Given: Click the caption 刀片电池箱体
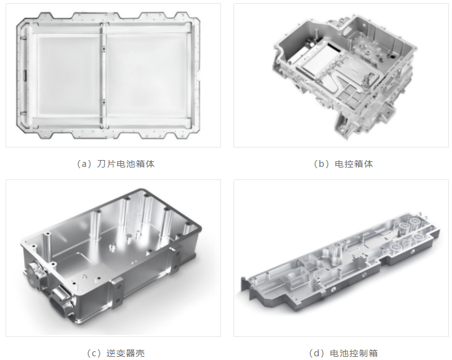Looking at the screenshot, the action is pyautogui.click(x=126, y=164).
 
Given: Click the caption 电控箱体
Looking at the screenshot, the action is pyautogui.click(x=354, y=164).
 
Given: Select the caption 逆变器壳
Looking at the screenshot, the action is pyautogui.click(x=126, y=353).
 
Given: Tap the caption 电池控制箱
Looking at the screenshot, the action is pyautogui.click(x=354, y=353).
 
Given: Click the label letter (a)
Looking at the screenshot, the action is pyautogui.click(x=84, y=164).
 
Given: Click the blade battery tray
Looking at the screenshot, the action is pyautogui.click(x=108, y=75).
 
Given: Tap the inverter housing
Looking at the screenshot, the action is pyautogui.click(x=111, y=257).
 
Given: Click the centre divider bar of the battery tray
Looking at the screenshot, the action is pyautogui.click(x=102, y=75).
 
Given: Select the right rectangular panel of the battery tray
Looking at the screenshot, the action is pyautogui.click(x=146, y=75).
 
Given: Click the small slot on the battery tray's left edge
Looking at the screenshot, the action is pyautogui.click(x=24, y=75).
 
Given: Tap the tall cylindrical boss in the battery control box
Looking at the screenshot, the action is pyautogui.click(x=336, y=254).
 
